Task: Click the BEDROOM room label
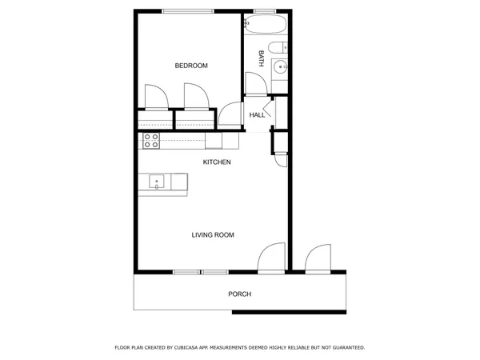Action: pyautogui.click(x=191, y=66)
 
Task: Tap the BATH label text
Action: pyautogui.click(x=262, y=58)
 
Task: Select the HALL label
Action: pyautogui.click(x=257, y=115)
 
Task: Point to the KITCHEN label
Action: pyautogui.click(x=217, y=162)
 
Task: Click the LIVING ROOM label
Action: pyautogui.click(x=212, y=234)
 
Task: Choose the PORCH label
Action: pyautogui.click(x=239, y=294)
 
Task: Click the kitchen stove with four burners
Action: pyautogui.click(x=150, y=141)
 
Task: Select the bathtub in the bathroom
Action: pyautogui.click(x=265, y=25)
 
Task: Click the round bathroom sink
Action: pyautogui.click(x=280, y=68)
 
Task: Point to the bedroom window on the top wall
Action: pyautogui.click(x=188, y=10)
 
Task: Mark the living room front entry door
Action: pyautogui.click(x=271, y=258)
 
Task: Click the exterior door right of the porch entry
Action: pyautogui.click(x=318, y=258)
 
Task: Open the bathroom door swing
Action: pyautogui.click(x=254, y=83)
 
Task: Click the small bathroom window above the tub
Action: pyautogui.click(x=264, y=10)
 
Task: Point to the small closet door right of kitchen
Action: pyautogui.click(x=280, y=158)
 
